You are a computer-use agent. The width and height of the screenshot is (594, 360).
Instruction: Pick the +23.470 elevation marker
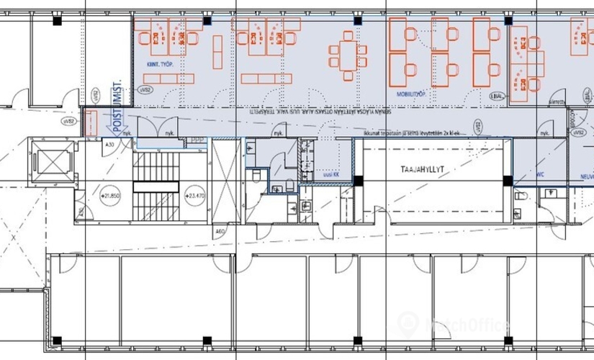point(194,195)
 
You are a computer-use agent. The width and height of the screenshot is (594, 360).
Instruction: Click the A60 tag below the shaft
point(221,232)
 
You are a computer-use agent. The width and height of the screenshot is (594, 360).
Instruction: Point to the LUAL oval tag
point(496,96)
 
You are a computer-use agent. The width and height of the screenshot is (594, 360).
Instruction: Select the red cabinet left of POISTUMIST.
point(91,122)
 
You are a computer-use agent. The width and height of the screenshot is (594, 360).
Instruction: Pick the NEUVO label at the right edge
point(583,175)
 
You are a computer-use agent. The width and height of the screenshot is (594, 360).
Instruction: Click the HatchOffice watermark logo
point(454,324)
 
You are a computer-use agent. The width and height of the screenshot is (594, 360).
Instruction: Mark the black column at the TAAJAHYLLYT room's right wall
point(508,180)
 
